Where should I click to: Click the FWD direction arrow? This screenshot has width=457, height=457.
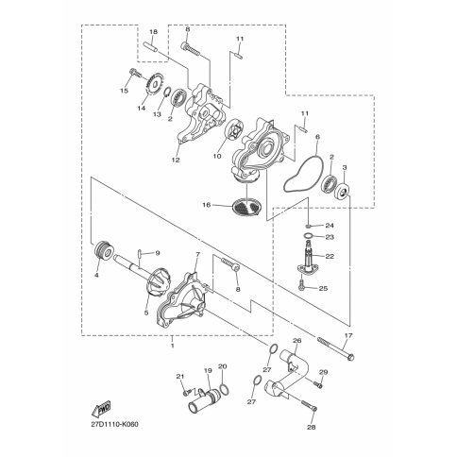(101, 408)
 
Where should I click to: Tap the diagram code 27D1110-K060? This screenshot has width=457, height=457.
(114, 425)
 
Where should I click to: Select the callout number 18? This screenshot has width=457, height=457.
(153, 32)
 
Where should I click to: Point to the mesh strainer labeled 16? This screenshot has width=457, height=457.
(246, 207)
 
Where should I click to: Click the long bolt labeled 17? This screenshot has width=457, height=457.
(336, 349)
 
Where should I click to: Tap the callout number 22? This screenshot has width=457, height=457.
(330, 256)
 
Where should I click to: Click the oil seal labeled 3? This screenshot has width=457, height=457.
(342, 193)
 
